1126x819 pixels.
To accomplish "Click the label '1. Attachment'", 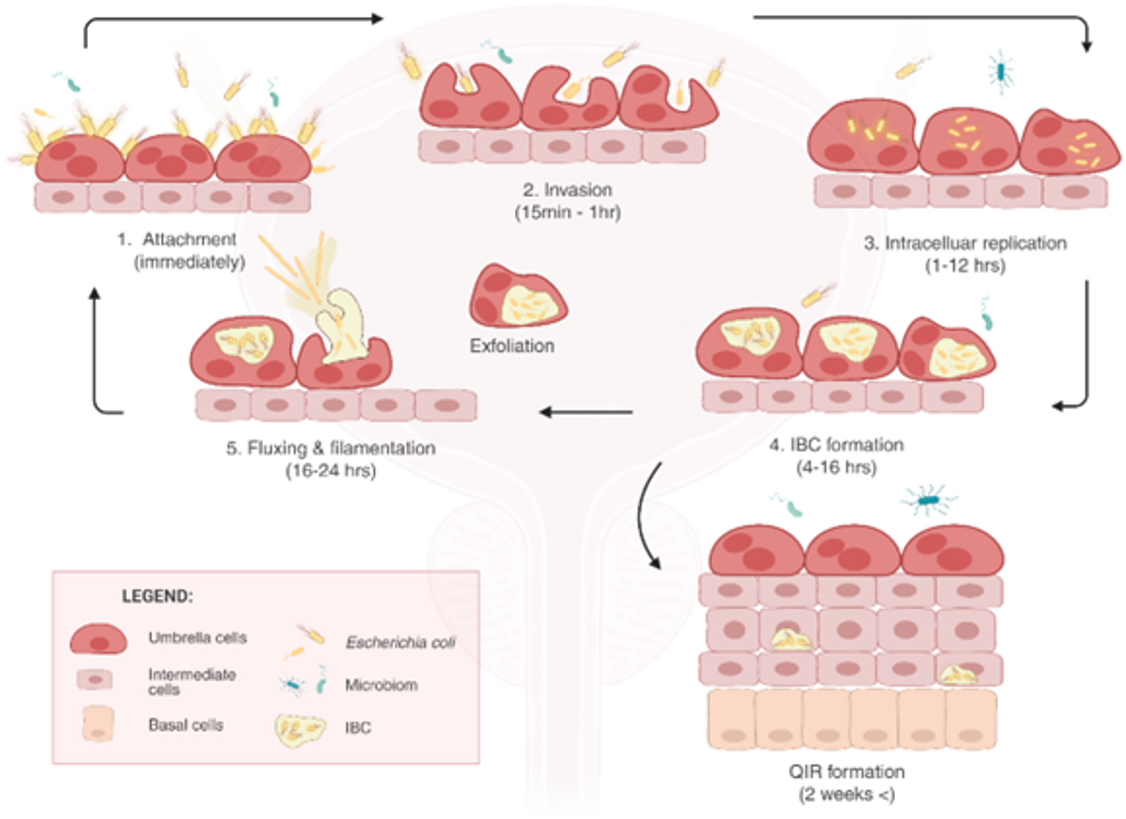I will [x=177, y=239].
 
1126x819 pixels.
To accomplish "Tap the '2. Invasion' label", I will [x=567, y=190].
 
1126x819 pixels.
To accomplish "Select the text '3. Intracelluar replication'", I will [x=965, y=243].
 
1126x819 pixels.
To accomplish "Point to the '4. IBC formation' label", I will [x=836, y=445].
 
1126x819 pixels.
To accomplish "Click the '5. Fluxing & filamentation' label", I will [x=331, y=448].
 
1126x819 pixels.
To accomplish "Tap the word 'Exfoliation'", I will [x=512, y=346].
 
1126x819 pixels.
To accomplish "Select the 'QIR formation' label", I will [x=846, y=771].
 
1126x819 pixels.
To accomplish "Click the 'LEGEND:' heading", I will [x=157, y=596].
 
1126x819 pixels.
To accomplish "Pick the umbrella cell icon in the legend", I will [x=99, y=639].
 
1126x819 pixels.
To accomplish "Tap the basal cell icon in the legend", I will [x=98, y=724].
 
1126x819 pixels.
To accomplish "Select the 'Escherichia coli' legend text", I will [x=400, y=642].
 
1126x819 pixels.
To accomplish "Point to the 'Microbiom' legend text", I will [x=381, y=685].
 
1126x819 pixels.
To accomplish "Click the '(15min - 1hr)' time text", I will [x=567, y=213].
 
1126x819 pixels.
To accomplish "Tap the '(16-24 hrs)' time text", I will [x=331, y=471].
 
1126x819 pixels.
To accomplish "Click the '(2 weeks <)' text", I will [x=846, y=794].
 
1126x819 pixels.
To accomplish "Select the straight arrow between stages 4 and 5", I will [x=586, y=412].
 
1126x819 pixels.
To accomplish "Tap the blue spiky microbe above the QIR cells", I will [x=928, y=500].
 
